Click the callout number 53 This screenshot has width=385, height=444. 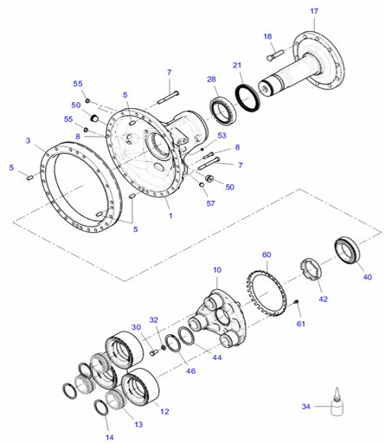tap(221, 135)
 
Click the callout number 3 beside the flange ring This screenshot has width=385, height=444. tap(29, 140)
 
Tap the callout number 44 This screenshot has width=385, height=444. tap(215, 357)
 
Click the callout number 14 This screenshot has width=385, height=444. tap(109, 438)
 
